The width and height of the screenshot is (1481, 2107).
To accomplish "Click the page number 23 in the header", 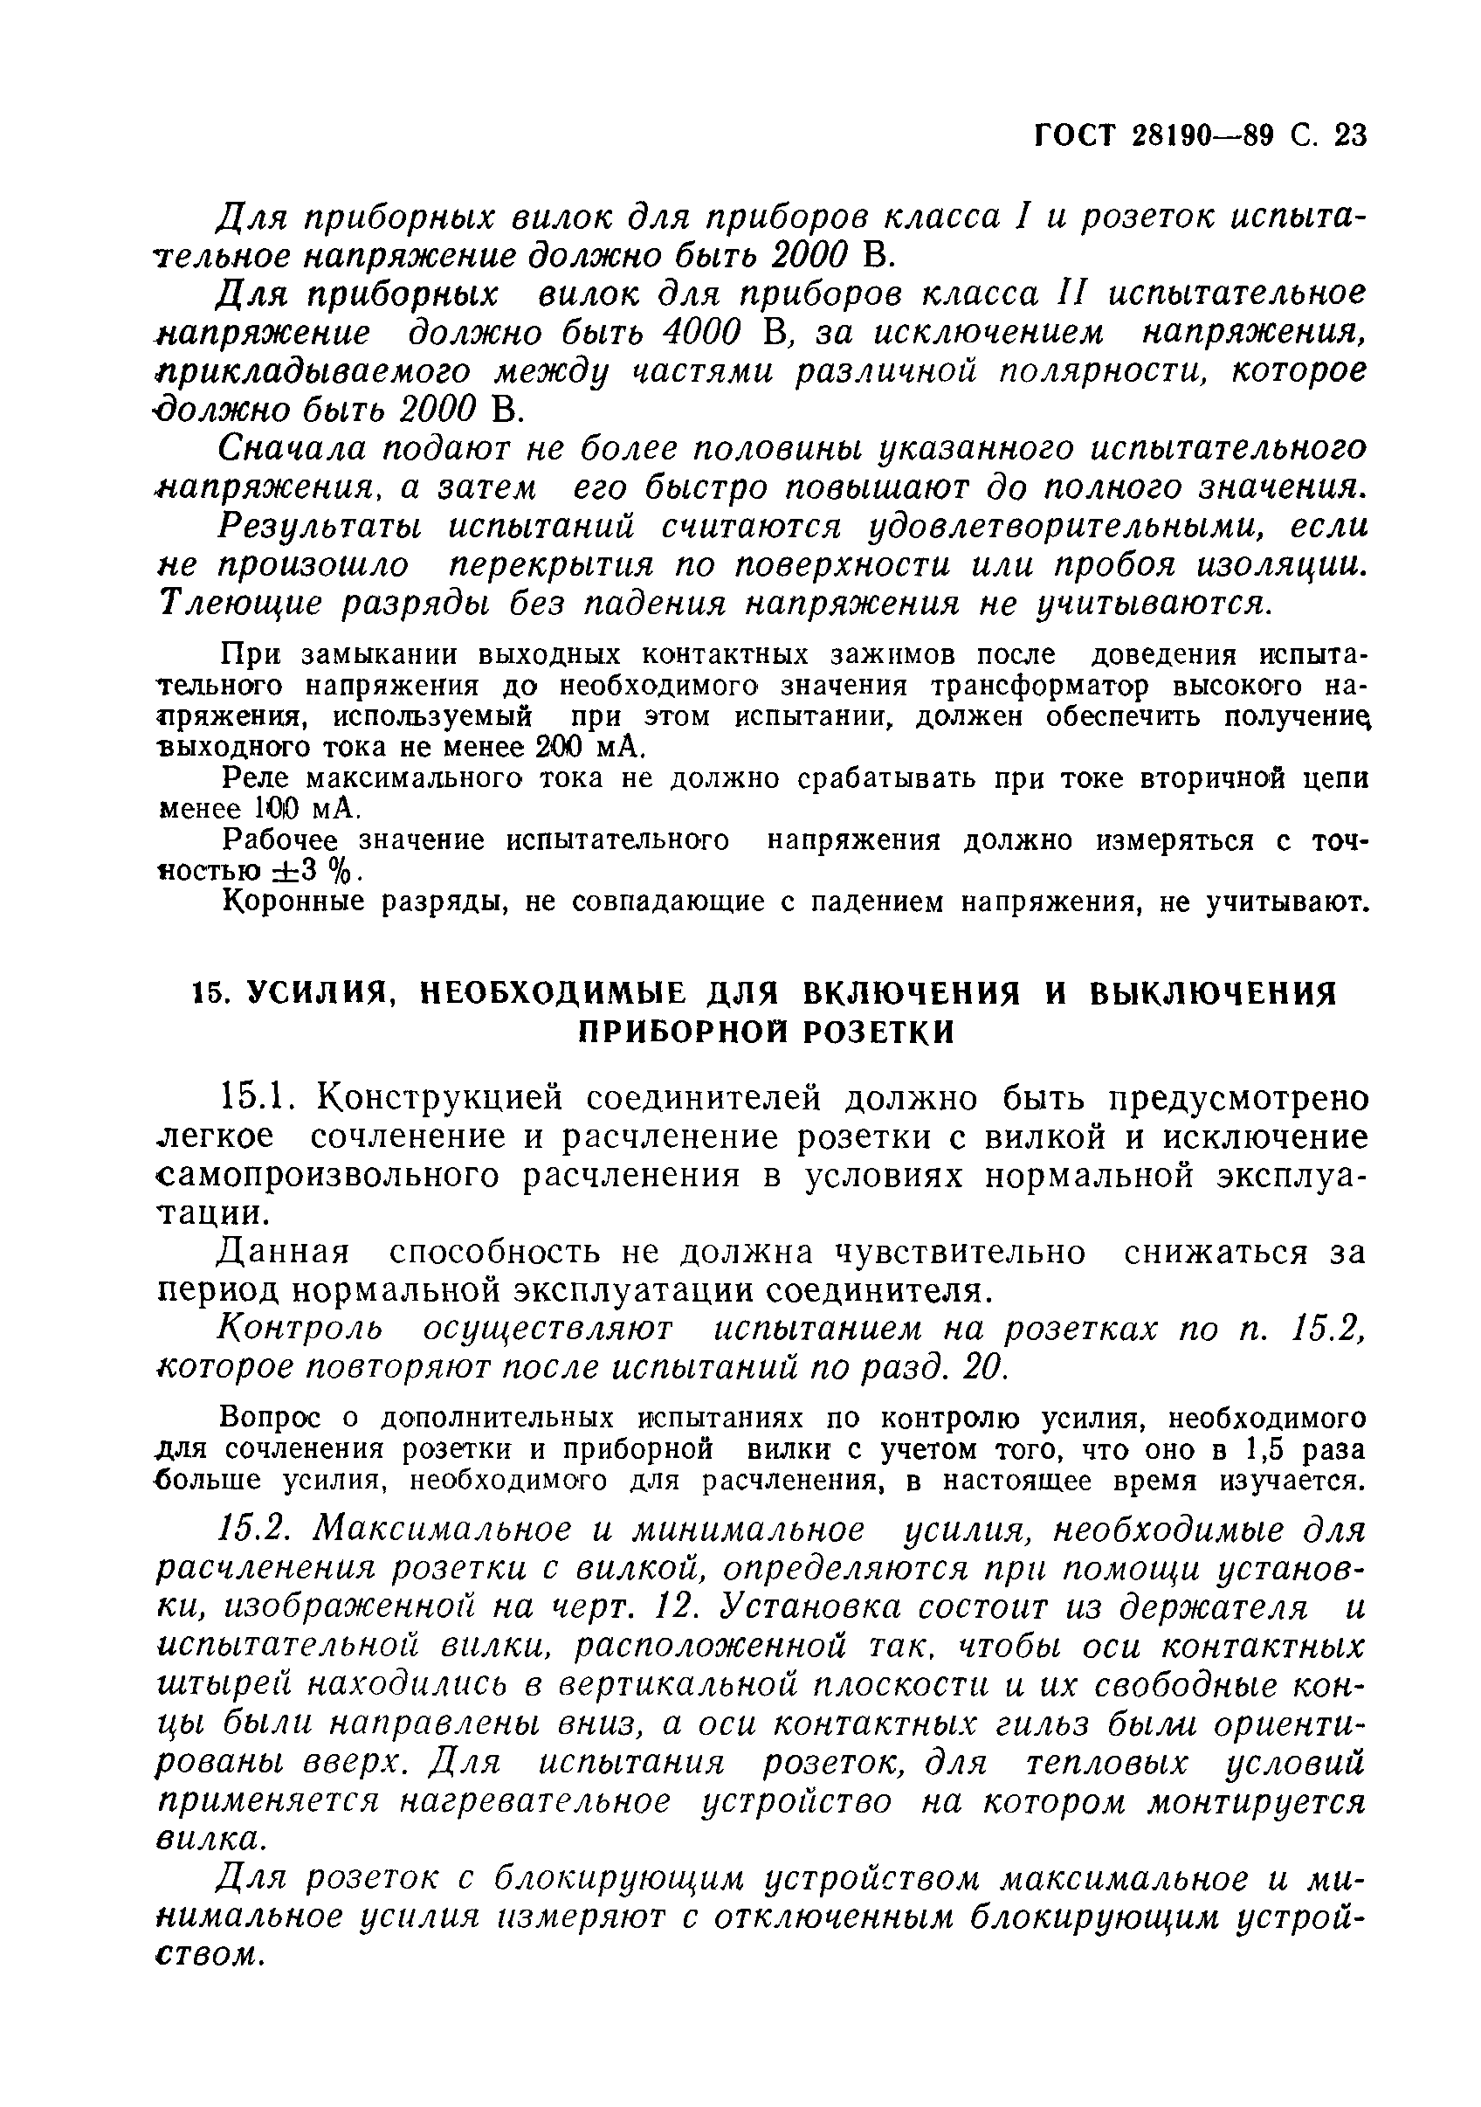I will tap(1350, 135).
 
